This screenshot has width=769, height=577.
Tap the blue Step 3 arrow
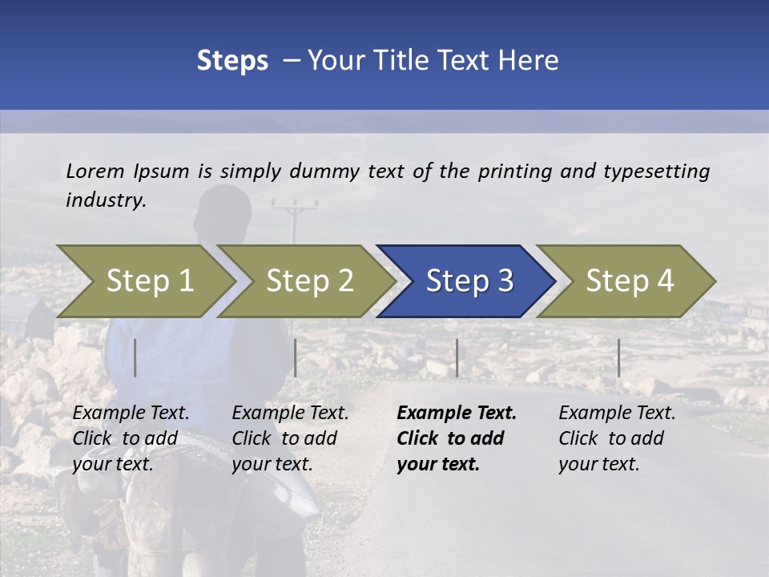[x=469, y=281]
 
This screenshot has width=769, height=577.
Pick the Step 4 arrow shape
[x=630, y=281]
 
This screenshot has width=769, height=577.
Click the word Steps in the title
[x=232, y=60]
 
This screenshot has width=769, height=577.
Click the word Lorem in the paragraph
[x=95, y=171]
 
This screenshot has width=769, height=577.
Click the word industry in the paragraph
[x=105, y=200]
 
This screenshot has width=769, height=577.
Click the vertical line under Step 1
[x=135, y=357]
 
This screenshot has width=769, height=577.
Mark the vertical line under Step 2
[x=296, y=357]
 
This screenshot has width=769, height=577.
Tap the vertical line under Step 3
[x=457, y=357]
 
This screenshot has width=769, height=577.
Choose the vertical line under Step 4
[x=618, y=357]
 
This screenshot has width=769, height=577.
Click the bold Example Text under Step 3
[x=457, y=414]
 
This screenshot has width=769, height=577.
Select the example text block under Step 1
[x=131, y=438]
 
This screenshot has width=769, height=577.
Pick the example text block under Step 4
[x=617, y=438]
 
